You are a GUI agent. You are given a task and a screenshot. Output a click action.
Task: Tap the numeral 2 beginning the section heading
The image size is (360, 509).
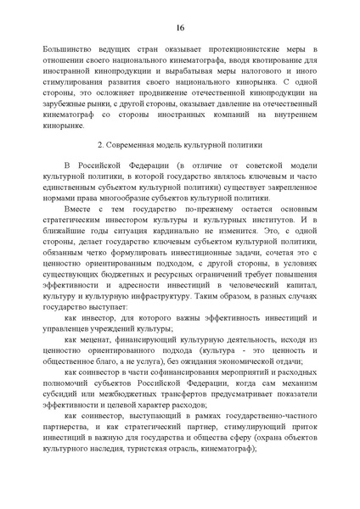coord(101,147)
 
